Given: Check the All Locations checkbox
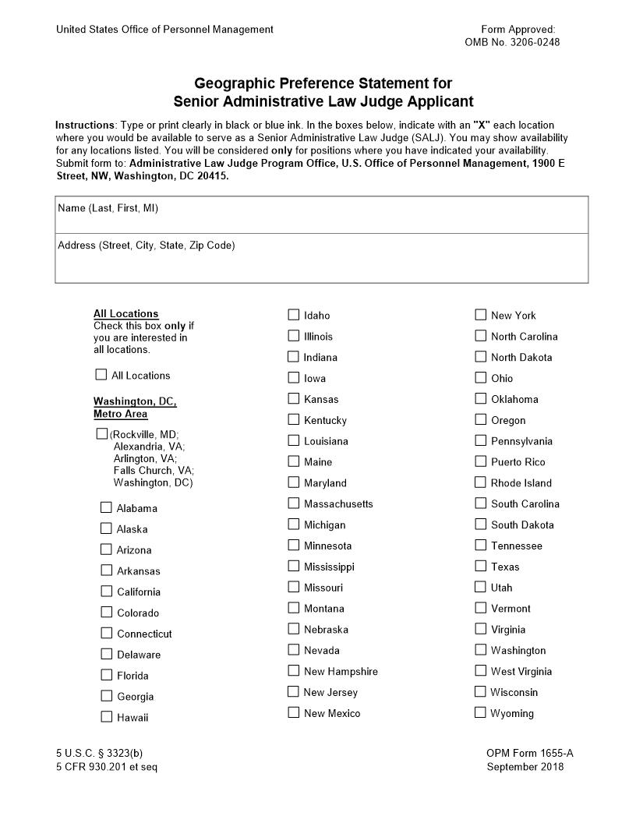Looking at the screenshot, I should pos(101,375).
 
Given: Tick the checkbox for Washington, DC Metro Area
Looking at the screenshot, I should pos(101,433).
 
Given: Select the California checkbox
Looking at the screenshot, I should pos(107,592).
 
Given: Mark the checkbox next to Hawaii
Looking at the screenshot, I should pos(107,717).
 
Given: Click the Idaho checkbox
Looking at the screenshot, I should pos(294,315).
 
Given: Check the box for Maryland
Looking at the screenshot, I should pos(294,482).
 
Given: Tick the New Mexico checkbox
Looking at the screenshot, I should pos(294,712).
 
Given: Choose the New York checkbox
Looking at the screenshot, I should pos(481,315).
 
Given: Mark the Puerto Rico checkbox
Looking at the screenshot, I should pos(481,461).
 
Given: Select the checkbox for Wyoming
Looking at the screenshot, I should pos(481,712).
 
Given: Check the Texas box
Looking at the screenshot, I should pos(481,566).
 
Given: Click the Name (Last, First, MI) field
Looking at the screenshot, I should pos(321,221).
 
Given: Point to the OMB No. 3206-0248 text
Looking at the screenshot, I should pos(511,42).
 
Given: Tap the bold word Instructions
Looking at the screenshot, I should pos(85,125).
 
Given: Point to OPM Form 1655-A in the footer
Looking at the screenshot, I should pos(529,753).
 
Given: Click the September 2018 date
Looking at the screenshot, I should pos(525,767).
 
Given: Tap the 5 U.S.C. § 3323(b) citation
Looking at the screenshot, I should pos(99,753).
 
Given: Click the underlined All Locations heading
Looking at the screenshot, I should pos(125,314).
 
